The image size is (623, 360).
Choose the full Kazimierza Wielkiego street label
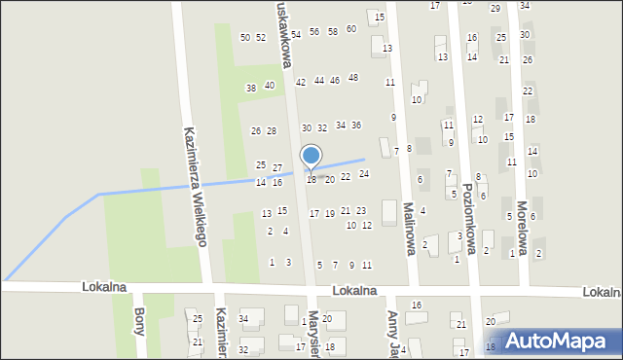point(195,186)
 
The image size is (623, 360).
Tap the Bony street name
point(138,321)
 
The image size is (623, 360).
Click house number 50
point(245,38)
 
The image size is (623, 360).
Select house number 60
point(351,29)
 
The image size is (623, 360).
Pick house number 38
point(251,88)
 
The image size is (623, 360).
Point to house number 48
point(353,78)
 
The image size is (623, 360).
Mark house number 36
point(356,125)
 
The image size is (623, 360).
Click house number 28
point(272,130)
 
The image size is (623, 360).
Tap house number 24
point(364,174)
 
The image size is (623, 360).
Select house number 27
point(277,168)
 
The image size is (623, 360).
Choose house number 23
point(361,210)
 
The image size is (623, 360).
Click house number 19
point(330,213)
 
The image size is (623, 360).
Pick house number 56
point(314,32)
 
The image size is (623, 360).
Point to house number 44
point(319,81)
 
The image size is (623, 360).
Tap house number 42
point(301,82)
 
